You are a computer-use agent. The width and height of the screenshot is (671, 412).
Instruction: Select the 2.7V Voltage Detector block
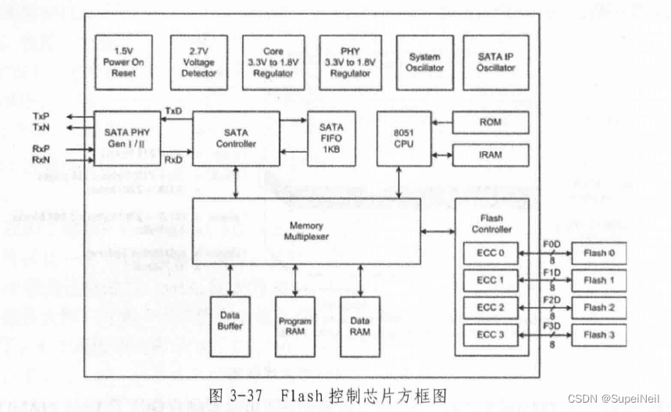(x=198, y=61)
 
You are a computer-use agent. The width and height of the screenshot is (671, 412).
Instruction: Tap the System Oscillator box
(x=424, y=61)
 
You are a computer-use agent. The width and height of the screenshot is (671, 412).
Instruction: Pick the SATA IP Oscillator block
(x=495, y=61)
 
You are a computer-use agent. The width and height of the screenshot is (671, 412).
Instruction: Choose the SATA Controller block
(x=235, y=138)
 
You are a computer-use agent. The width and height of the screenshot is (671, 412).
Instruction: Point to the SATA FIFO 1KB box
(x=330, y=138)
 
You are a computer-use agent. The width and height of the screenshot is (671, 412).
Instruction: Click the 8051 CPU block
(x=403, y=138)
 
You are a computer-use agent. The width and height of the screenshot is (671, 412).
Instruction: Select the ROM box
(x=490, y=122)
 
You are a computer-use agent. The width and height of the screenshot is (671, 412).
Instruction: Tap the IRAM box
(x=490, y=155)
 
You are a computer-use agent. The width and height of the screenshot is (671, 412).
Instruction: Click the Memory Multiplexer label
(x=306, y=231)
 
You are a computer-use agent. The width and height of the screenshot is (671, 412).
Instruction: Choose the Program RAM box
(x=294, y=326)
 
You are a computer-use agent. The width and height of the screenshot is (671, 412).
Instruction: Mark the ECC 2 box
(x=490, y=307)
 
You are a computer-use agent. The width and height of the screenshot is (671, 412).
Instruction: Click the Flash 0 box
(x=598, y=253)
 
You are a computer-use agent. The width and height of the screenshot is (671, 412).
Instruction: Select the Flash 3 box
(x=598, y=335)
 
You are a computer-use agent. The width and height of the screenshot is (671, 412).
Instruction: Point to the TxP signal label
(x=41, y=116)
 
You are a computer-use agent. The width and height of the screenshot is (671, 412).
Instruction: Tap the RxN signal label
(x=41, y=159)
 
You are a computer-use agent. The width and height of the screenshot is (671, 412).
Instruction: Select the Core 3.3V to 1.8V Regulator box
(x=273, y=61)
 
